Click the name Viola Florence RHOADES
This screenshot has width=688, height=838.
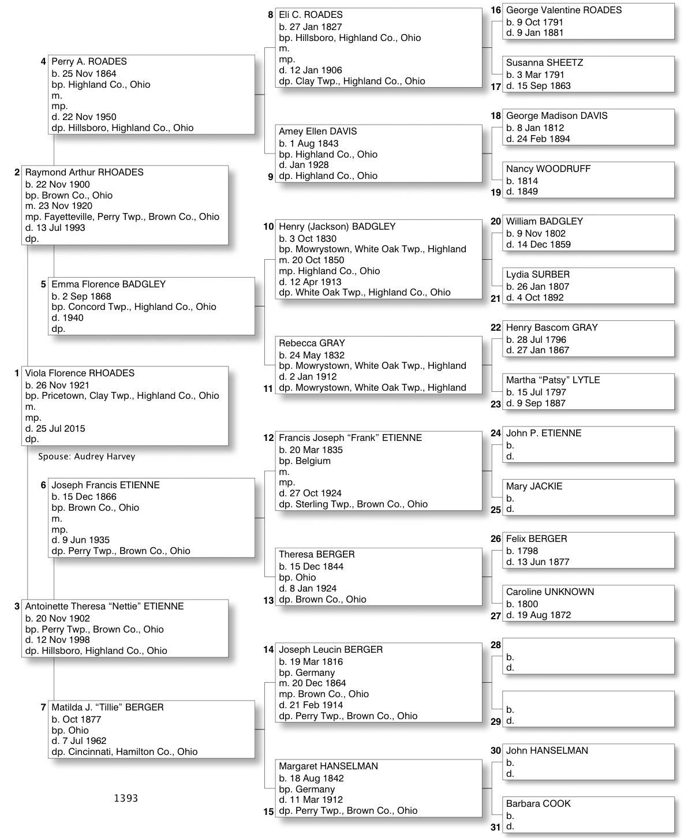[80, 373]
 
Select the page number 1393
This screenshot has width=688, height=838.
[126, 798]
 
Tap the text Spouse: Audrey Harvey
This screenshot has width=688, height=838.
[87, 457]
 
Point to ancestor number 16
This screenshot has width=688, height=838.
[496, 10]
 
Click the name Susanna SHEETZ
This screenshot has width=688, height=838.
[544, 63]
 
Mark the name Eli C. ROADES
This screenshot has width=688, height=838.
[311, 15]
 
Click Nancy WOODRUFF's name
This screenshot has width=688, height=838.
[548, 169]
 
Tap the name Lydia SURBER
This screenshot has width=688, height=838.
[537, 275]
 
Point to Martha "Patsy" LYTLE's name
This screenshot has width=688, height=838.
[553, 380]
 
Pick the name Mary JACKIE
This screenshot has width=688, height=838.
[534, 487]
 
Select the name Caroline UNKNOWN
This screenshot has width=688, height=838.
[549, 592]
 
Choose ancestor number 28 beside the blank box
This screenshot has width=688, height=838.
[496, 645]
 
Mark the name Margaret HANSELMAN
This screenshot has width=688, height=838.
[328, 766]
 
